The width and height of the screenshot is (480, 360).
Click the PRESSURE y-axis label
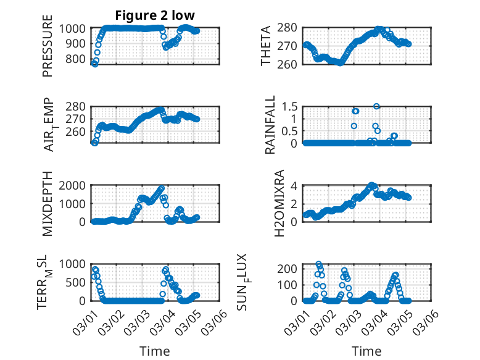point(48,51)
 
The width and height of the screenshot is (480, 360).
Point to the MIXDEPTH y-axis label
point(48,203)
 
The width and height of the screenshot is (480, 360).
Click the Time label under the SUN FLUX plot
point(366,351)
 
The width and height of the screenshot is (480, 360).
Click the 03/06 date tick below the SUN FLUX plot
point(428,320)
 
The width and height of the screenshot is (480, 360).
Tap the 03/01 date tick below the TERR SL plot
point(84,320)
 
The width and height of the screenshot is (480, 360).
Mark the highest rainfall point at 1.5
point(376,106)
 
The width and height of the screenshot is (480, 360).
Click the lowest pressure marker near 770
point(94,64)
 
